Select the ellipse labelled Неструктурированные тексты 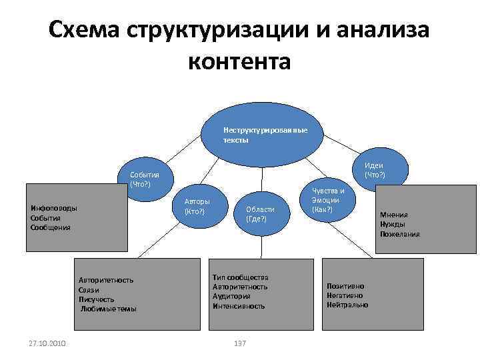click(x=265, y=135)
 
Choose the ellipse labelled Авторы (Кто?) click(x=197, y=207)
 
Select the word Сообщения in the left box click(x=51, y=227)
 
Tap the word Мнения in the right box click(x=394, y=215)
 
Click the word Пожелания click(x=400, y=234)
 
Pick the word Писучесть click(x=96, y=299)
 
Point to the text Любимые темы click(x=109, y=309)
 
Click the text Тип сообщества click(x=240, y=277)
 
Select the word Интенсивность click(x=239, y=306)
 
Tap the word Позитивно click(x=345, y=286)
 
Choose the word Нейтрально click(x=347, y=305)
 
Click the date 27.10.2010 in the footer click(x=46, y=343)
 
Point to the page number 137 click(x=241, y=343)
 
